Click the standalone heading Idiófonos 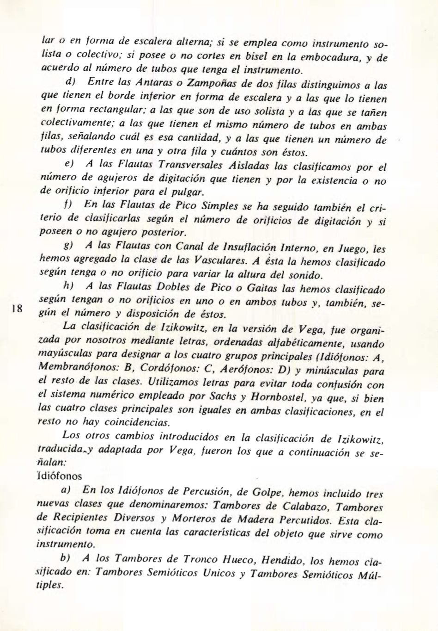click(x=58, y=476)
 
